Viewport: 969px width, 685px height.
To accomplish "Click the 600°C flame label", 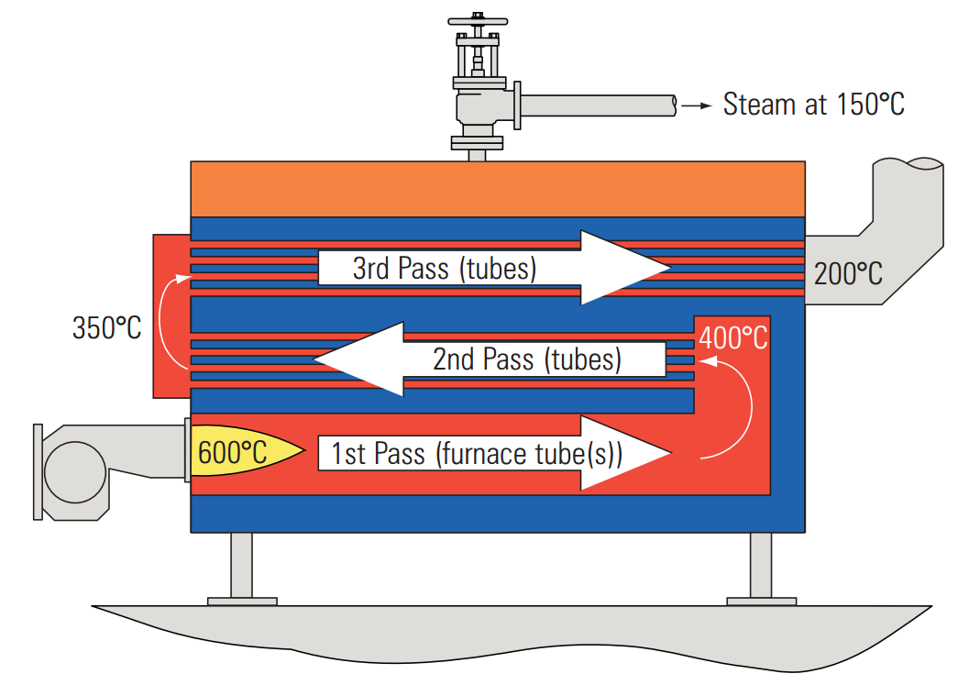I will point(233,452).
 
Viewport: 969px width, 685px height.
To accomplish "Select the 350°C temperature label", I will point(107,327).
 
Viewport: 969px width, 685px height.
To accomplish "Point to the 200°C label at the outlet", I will point(848,273).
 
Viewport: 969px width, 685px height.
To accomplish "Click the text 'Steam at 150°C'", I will point(813,105).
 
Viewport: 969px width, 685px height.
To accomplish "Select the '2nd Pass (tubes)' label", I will point(526,359).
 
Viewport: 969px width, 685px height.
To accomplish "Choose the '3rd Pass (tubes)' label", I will point(445,269).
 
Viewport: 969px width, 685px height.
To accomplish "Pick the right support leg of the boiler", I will point(761,569).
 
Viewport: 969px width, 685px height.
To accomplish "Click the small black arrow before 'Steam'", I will point(699,105).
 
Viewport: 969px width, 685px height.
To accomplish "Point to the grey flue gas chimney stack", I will point(908,211).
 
